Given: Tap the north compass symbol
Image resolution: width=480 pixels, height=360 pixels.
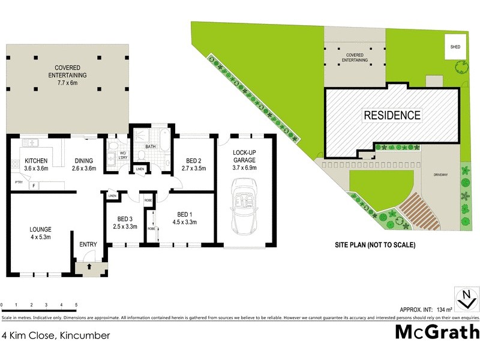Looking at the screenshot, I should [x=466, y=298].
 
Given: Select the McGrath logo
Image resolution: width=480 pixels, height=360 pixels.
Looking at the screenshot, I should [x=437, y=332].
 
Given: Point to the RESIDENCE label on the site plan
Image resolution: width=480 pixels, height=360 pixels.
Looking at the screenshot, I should [x=392, y=115].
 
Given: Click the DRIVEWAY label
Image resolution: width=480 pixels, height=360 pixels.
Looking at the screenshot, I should [x=442, y=175].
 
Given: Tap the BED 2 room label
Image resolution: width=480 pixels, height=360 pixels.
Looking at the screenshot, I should [x=193, y=161].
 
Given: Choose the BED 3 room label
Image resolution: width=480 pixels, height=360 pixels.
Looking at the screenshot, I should [x=125, y=218].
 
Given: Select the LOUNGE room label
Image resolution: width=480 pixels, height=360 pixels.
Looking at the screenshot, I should [x=41, y=229].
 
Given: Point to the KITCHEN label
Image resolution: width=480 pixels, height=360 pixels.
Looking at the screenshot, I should [x=36, y=161].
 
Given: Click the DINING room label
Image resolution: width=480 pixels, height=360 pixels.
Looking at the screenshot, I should [x=83, y=161].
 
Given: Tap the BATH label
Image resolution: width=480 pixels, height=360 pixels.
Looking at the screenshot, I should [x=151, y=146].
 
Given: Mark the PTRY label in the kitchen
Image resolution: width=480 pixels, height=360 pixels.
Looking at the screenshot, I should [x=19, y=181].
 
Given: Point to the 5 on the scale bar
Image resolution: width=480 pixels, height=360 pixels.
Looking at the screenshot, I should [x=76, y=305].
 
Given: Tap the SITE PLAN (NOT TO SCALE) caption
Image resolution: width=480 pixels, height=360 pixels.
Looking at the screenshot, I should [x=375, y=245].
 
